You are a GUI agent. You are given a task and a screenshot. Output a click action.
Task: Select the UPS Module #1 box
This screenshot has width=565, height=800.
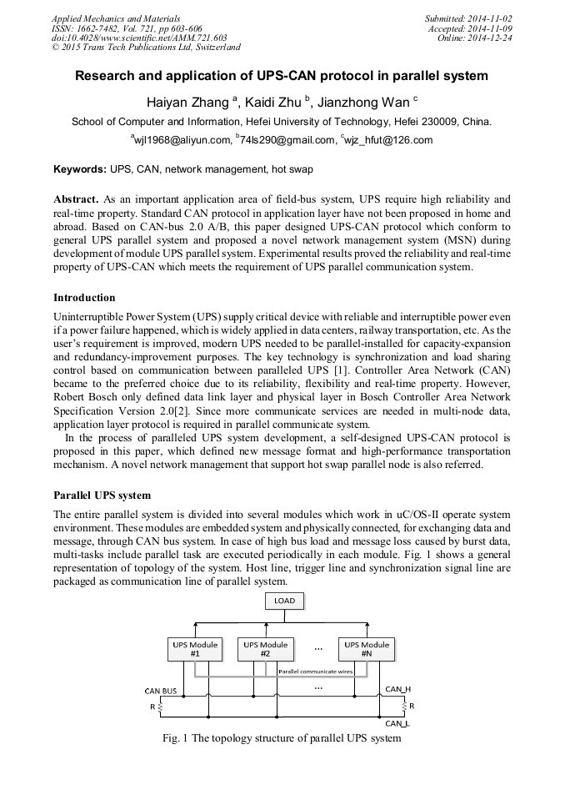(195, 649)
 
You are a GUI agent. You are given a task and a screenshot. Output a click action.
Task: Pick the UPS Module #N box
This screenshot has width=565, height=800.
(367, 649)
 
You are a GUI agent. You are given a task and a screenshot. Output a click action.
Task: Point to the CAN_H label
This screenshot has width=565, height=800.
(397, 689)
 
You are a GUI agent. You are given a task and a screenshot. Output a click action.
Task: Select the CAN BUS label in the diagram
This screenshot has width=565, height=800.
(161, 691)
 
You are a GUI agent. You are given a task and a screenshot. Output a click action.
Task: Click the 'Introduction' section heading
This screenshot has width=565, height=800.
(84, 298)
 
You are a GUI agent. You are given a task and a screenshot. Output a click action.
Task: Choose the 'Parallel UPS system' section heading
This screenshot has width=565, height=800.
(102, 496)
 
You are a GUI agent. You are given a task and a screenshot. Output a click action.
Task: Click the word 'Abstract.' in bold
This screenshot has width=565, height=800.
(77, 200)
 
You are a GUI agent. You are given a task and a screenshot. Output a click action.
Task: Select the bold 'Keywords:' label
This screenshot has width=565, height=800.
(80, 169)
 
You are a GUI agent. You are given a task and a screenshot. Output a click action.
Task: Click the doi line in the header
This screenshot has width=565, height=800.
(139, 38)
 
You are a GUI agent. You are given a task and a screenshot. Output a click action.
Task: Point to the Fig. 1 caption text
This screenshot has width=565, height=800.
(282, 738)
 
